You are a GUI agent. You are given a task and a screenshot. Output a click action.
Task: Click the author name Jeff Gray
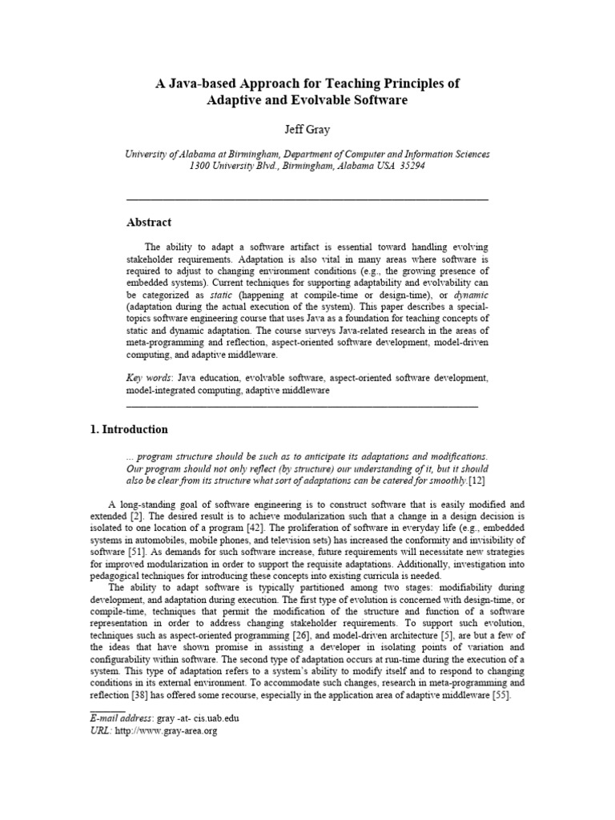click(307, 129)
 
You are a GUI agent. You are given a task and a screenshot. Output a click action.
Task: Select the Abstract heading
click(149, 223)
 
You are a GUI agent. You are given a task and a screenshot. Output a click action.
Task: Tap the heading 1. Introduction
click(128, 429)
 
